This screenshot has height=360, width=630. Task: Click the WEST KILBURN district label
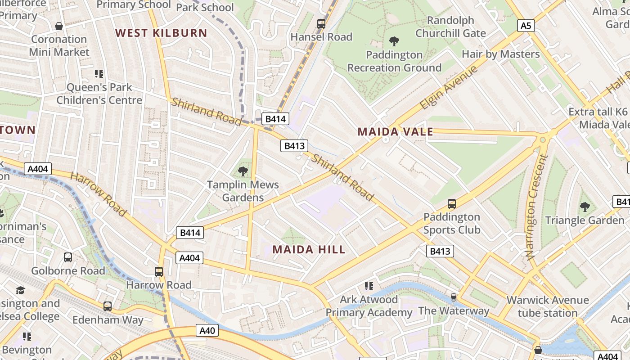pos(161,33)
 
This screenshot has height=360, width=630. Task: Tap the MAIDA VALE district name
pos(395,132)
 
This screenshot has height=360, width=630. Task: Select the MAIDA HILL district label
pos(309,249)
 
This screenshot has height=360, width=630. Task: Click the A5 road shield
pos(526,26)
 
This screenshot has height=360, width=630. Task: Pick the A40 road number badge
pos(207,331)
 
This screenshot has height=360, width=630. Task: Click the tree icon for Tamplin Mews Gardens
pos(243,171)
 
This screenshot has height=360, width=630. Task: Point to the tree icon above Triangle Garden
pos(585,207)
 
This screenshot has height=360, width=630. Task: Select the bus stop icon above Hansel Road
pos(321,24)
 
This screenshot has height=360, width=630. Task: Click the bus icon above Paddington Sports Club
pos(452,204)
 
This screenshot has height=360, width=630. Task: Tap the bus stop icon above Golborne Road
pos(68,257)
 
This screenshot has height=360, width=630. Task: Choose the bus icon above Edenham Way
pos(108,306)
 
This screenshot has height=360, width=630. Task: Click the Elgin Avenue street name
pos(448,88)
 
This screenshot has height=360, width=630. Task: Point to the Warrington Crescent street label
pos(536,207)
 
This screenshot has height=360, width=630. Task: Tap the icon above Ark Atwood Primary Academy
pos(369,286)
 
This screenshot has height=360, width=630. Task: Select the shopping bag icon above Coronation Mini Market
pos(59,26)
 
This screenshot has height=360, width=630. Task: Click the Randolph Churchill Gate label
pos(450,27)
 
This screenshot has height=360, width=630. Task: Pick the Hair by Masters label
pos(500,54)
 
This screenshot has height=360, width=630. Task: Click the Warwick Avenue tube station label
pos(547,306)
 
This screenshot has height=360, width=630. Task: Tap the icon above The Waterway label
pos(454,297)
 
